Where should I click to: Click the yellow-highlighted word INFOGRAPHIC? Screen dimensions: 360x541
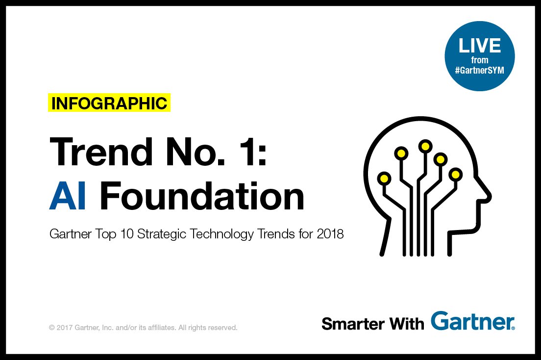(109, 103)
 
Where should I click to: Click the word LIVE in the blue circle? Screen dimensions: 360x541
(479, 46)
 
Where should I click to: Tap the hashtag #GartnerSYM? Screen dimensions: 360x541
(479, 70)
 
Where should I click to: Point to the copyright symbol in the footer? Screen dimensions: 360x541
(51, 327)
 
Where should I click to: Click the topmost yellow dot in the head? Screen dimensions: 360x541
(424, 146)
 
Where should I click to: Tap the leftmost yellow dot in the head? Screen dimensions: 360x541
(385, 177)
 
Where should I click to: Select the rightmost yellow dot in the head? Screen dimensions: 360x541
(456, 174)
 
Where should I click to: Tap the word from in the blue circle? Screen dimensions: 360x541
(479, 59)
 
